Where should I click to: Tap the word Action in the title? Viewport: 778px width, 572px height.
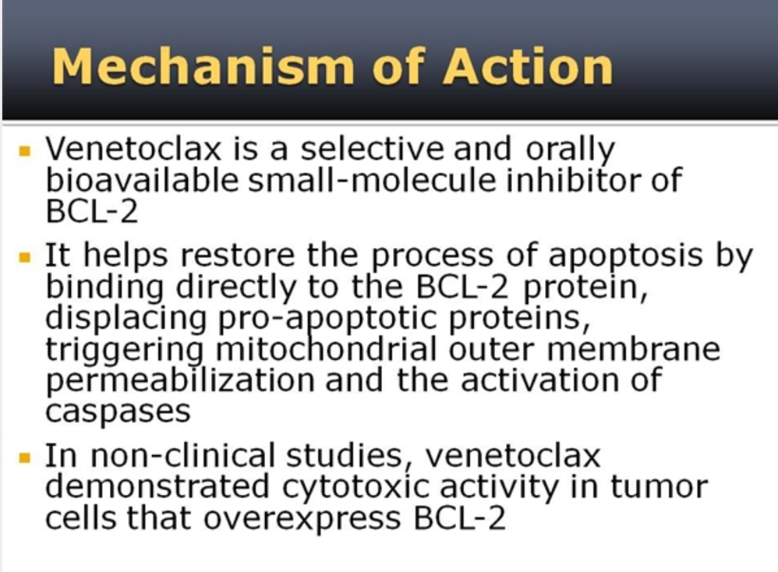click(x=529, y=66)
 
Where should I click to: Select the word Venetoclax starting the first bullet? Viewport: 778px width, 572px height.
click(x=133, y=148)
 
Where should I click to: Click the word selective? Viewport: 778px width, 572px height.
click(x=372, y=148)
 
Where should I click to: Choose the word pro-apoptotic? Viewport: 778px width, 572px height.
click(x=327, y=320)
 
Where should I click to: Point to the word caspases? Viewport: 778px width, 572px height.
click(x=118, y=411)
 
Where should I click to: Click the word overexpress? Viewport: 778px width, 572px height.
click(x=302, y=519)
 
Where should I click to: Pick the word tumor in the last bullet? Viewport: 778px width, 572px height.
click(x=659, y=487)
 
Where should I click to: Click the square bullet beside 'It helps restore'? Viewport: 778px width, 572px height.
click(x=25, y=257)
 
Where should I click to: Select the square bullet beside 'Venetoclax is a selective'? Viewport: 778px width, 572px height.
click(x=25, y=150)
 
